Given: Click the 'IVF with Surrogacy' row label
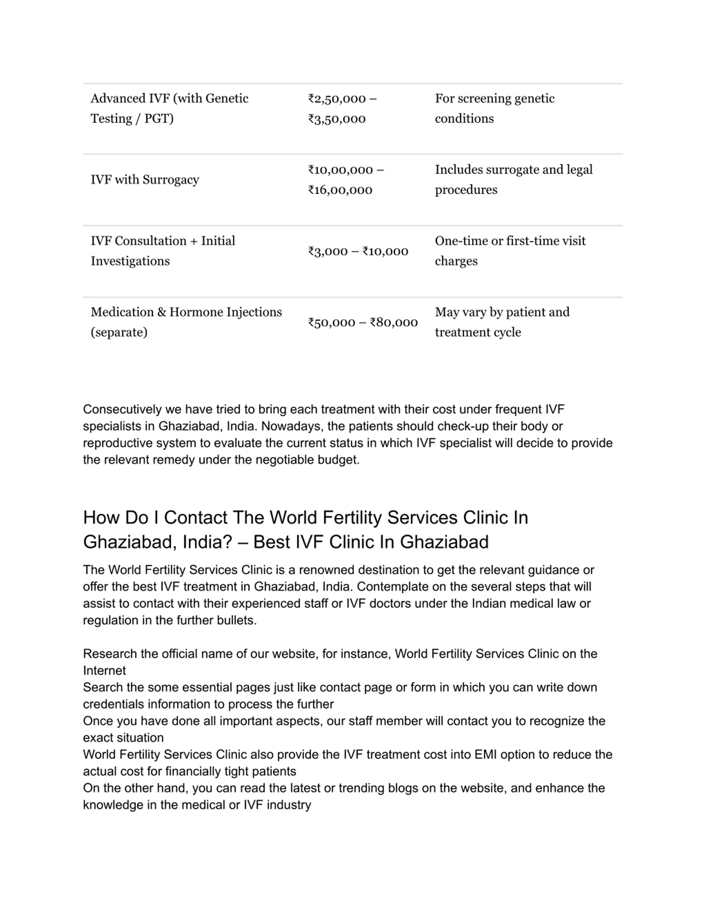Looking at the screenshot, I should (145, 180).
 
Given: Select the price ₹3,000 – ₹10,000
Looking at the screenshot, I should (358, 251).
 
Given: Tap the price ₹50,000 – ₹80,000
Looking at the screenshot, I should (363, 322).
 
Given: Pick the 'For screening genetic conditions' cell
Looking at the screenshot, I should (494, 108).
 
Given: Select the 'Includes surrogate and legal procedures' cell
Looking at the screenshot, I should (514, 180).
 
